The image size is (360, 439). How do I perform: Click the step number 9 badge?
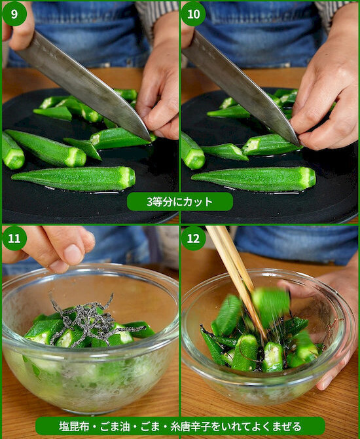(14, 13)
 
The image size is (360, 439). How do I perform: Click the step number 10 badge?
(193, 13)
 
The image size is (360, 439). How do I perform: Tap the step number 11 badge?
(14, 238)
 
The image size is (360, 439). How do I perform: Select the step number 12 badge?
(193, 238)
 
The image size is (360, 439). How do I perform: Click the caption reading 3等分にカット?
(179, 201)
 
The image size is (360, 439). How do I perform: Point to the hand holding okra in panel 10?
(327, 98)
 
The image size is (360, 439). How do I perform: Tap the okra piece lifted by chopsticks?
(270, 302)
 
